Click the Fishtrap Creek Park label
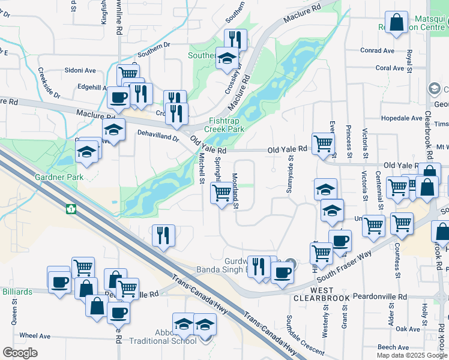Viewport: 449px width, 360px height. pyautogui.click(x=224, y=124)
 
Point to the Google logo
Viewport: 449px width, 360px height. pyautogui.click(x=20, y=352)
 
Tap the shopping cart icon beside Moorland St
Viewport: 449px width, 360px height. pyautogui.click(x=221, y=192)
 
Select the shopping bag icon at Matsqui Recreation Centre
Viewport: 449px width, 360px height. pyautogui.click(x=397, y=23)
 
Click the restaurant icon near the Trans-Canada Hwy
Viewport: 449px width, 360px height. pyautogui.click(x=163, y=235)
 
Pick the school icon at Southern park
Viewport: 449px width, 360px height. pyautogui.click(x=227, y=58)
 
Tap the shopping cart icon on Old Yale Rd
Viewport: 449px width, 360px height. pyautogui.click(x=324, y=143)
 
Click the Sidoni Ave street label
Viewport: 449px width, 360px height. pyautogui.click(x=82, y=70)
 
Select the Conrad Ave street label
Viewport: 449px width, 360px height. pyautogui.click(x=378, y=51)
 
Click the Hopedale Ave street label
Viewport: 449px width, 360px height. pyautogui.click(x=402, y=118)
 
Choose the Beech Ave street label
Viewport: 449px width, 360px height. pyautogui.click(x=394, y=347)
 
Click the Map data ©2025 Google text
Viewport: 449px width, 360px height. pyautogui.click(x=411, y=355)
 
